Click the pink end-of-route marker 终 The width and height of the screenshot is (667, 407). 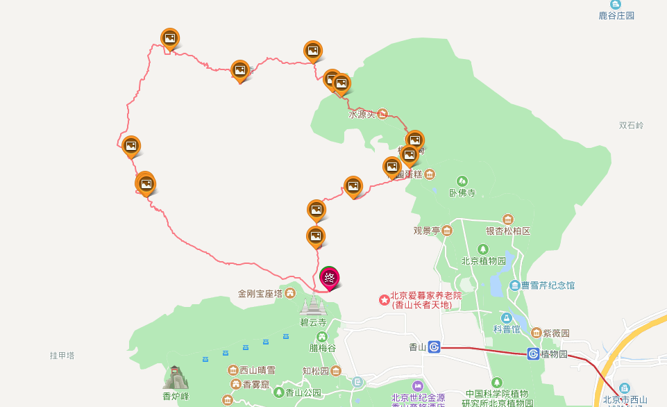[329, 277]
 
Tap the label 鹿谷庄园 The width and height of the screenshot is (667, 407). [616, 15]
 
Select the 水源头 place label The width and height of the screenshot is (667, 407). [362, 114]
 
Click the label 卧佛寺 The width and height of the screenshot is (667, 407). [462, 193]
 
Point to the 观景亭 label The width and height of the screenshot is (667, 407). [427, 231]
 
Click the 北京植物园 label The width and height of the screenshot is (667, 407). [483, 261]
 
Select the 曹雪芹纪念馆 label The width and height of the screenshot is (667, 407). [548, 285]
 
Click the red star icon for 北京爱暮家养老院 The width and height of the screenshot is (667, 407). [383, 299]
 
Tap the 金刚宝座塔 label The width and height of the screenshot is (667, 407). [260, 293]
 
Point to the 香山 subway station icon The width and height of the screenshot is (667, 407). [434, 347]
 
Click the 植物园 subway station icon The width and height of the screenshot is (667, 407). [533, 354]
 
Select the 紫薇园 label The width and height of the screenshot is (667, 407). [556, 333]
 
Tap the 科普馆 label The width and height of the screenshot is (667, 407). [507, 329]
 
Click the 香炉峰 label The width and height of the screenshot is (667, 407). [176, 396]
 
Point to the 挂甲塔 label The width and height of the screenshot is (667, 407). [62, 356]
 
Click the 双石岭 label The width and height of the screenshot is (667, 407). [631, 126]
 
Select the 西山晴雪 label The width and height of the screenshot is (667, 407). [257, 369]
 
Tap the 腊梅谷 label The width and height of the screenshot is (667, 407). [322, 348]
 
